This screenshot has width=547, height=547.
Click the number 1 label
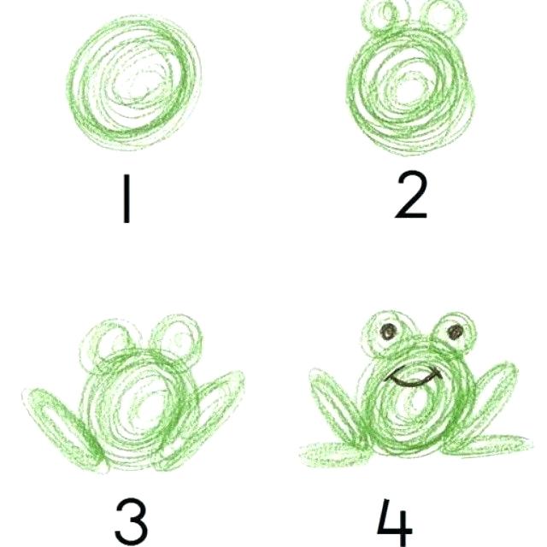click(127, 200)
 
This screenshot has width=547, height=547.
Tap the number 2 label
click(411, 196)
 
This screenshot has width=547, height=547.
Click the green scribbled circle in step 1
click(137, 85)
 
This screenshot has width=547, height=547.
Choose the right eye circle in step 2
click(444, 15)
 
